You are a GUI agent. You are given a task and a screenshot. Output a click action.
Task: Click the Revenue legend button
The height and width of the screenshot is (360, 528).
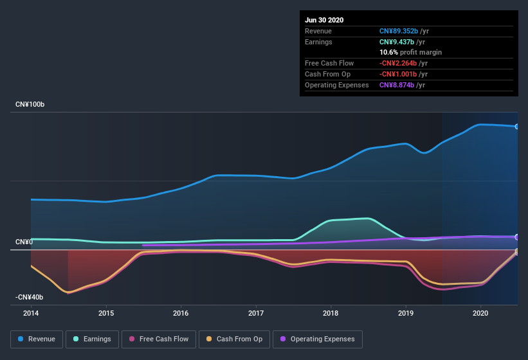tap(37, 339)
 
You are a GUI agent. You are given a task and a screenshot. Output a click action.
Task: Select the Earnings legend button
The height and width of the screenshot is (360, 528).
tap(92, 339)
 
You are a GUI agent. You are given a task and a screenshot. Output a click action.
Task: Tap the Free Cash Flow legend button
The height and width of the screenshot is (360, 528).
tap(159, 339)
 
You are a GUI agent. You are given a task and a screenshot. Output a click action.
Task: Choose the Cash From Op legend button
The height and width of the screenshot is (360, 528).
tap(234, 339)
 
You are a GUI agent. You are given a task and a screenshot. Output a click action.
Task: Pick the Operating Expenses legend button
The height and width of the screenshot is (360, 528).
tap(318, 339)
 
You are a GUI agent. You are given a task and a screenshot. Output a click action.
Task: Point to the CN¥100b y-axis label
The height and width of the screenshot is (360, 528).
tap(31, 104)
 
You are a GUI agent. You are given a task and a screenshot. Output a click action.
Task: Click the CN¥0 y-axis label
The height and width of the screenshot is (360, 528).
tap(24, 242)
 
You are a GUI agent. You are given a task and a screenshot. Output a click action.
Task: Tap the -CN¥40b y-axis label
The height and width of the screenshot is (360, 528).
tap(30, 297)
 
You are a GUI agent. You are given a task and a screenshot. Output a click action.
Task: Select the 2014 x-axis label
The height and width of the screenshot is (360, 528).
tap(31, 313)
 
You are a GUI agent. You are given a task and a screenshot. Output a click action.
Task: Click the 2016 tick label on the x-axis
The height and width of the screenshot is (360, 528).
tap(181, 313)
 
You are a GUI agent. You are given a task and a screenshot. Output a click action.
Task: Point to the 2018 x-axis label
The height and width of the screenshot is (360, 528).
tap(331, 313)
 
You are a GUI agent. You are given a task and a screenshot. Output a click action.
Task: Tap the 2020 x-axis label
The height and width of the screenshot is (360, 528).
tap(480, 313)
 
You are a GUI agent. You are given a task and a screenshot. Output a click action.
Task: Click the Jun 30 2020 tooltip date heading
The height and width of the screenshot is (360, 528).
tap(324, 20)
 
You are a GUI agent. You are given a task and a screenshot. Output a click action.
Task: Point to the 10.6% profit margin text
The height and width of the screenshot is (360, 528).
tap(410, 52)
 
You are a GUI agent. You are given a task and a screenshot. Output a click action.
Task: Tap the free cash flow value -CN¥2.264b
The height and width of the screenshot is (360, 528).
tap(402, 63)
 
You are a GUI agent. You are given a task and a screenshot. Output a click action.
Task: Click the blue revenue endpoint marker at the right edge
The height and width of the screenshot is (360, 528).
tap(517, 126)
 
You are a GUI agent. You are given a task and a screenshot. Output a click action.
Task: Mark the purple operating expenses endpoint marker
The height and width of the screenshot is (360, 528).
tap(517, 237)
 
